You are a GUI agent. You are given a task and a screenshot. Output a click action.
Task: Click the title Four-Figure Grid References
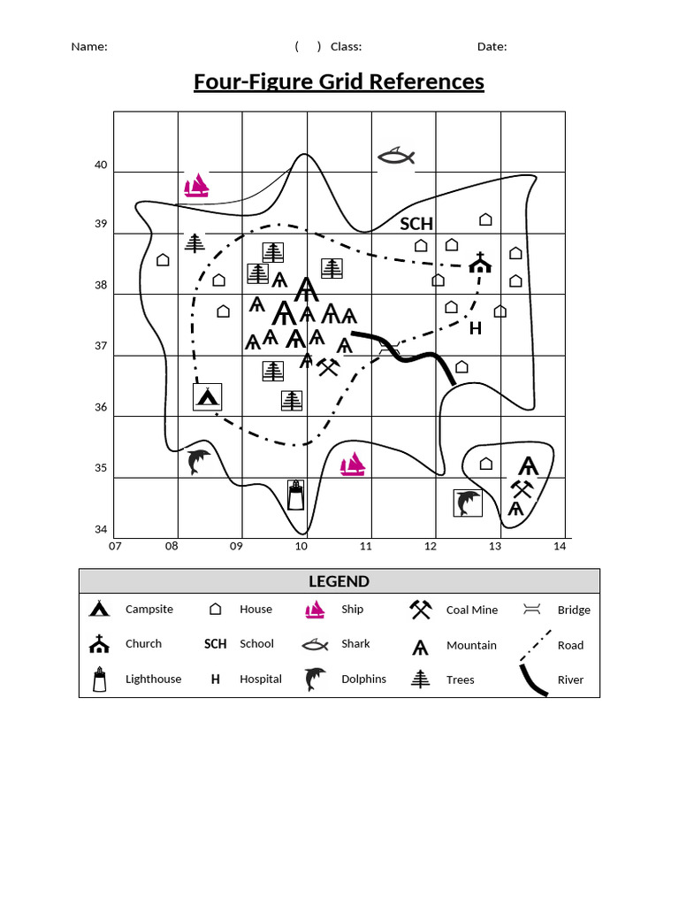[x=339, y=82]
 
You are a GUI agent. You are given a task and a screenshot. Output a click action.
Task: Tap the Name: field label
[x=89, y=47]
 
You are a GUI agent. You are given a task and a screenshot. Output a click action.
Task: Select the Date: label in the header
[x=492, y=47]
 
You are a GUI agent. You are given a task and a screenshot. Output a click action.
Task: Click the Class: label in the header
[x=346, y=47]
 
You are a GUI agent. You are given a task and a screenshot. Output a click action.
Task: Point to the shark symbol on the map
[x=395, y=157]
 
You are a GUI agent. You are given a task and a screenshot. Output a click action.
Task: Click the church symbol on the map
[x=480, y=262]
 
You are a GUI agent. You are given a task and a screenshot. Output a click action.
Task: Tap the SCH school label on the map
[x=416, y=224]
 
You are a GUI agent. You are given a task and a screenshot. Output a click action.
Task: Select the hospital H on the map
[x=475, y=328]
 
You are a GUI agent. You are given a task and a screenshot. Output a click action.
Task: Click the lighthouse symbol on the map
[x=296, y=495]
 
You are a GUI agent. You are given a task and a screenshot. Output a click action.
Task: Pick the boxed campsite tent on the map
[x=207, y=396]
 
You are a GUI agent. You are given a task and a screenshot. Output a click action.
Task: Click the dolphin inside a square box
[x=468, y=503]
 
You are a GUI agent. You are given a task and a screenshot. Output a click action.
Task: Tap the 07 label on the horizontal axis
[x=115, y=546]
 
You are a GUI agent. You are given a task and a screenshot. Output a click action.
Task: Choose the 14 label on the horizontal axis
[x=559, y=546]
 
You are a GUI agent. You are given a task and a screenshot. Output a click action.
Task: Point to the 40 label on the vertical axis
[x=101, y=165]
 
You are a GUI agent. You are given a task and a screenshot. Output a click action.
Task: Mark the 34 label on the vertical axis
[x=101, y=530]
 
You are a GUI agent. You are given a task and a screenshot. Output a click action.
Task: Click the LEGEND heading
[x=339, y=581]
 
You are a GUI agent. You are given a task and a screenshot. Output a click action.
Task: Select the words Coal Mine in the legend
[x=472, y=610]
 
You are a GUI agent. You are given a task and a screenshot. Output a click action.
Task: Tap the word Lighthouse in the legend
[x=153, y=679]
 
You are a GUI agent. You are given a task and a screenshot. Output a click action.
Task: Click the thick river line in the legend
[x=533, y=679]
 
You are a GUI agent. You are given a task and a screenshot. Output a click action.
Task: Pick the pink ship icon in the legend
[x=316, y=610]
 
